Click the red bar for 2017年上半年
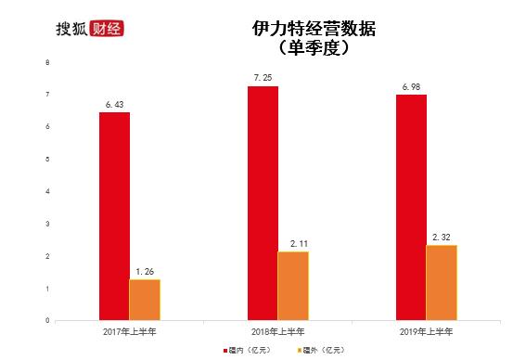(x=114, y=216)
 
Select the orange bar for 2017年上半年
(x=145, y=300)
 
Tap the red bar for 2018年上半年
(x=263, y=203)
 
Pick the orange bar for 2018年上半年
(x=293, y=286)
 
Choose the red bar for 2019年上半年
(x=411, y=208)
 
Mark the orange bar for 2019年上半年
(x=442, y=282)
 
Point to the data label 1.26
(x=145, y=271)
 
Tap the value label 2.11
(x=293, y=243)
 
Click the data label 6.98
(x=411, y=86)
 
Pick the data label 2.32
(x=442, y=237)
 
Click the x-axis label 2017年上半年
(x=129, y=331)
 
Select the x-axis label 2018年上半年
(x=277, y=331)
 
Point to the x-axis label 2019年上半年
(x=427, y=331)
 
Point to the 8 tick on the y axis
(x=48, y=62)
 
